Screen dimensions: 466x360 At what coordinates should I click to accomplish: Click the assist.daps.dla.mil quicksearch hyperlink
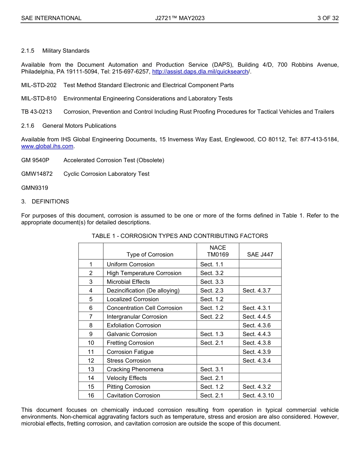click(x=200, y=72)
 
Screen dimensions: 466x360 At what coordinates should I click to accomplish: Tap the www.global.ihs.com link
click(x=47, y=146)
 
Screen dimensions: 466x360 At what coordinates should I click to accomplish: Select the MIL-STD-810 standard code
click(x=39, y=99)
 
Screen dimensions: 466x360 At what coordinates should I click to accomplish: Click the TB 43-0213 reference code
click(x=36, y=112)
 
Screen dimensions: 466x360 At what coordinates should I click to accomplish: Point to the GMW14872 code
click(x=37, y=174)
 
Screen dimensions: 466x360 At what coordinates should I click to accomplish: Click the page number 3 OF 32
click(x=328, y=18)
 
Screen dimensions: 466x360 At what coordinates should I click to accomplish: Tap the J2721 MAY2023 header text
click(x=180, y=18)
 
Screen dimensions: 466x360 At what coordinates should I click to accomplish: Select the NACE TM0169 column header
click(x=218, y=251)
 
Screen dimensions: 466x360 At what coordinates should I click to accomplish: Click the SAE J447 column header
click(x=260, y=255)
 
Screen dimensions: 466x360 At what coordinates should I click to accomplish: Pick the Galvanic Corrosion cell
click(x=131, y=334)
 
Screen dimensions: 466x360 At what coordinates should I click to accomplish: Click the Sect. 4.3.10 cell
click(x=258, y=396)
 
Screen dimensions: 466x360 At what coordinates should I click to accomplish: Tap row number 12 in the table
click(x=91, y=361)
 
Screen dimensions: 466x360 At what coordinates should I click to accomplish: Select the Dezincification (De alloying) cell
click(x=143, y=291)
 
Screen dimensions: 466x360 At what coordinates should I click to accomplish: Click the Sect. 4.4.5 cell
click(x=257, y=317)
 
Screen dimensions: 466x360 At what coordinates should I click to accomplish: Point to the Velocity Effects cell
click(x=127, y=378)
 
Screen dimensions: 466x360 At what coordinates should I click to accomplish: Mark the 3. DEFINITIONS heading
click(x=45, y=202)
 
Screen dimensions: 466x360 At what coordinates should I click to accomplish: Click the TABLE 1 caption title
click(x=180, y=236)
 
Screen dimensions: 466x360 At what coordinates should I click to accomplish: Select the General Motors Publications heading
click(x=79, y=126)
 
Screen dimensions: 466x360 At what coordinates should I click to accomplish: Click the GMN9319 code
click(x=34, y=188)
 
